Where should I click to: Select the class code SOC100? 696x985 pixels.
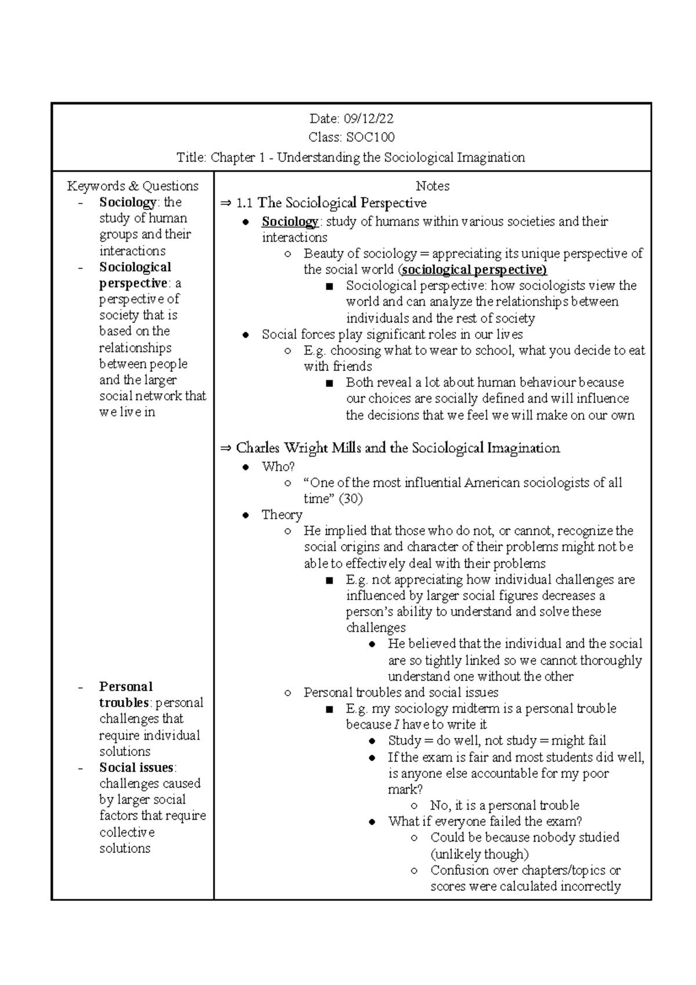(x=370, y=137)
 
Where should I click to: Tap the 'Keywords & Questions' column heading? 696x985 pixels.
(x=133, y=186)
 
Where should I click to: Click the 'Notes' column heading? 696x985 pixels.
(x=433, y=186)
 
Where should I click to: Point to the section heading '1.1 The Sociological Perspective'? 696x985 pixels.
(x=331, y=203)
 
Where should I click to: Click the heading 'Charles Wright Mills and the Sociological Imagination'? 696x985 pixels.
(x=398, y=448)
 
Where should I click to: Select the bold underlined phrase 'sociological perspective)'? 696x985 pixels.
(x=474, y=270)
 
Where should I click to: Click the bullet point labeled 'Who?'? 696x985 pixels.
(x=278, y=466)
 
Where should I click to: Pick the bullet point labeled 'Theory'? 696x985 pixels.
(x=281, y=515)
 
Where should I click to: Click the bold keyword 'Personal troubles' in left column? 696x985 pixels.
(x=125, y=694)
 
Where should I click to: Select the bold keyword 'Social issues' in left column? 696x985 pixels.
(x=136, y=767)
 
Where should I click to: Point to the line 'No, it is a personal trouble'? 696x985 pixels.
(x=505, y=805)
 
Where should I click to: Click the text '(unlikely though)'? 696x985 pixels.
(x=479, y=854)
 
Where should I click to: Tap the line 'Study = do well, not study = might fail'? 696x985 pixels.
(x=497, y=741)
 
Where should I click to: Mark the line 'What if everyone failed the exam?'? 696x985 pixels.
(x=485, y=821)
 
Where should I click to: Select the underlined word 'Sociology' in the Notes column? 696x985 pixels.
(x=289, y=222)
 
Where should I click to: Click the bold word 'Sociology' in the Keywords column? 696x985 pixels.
(x=127, y=202)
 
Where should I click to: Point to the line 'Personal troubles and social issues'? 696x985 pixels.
(x=401, y=693)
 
